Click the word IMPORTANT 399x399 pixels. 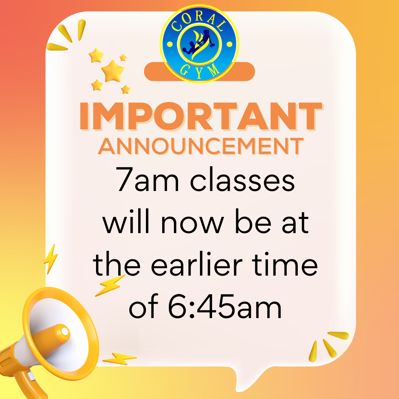point(199,116)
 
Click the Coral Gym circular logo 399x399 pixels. point(200,44)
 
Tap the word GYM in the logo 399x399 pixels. point(200,70)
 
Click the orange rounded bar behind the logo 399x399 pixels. point(244,72)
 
